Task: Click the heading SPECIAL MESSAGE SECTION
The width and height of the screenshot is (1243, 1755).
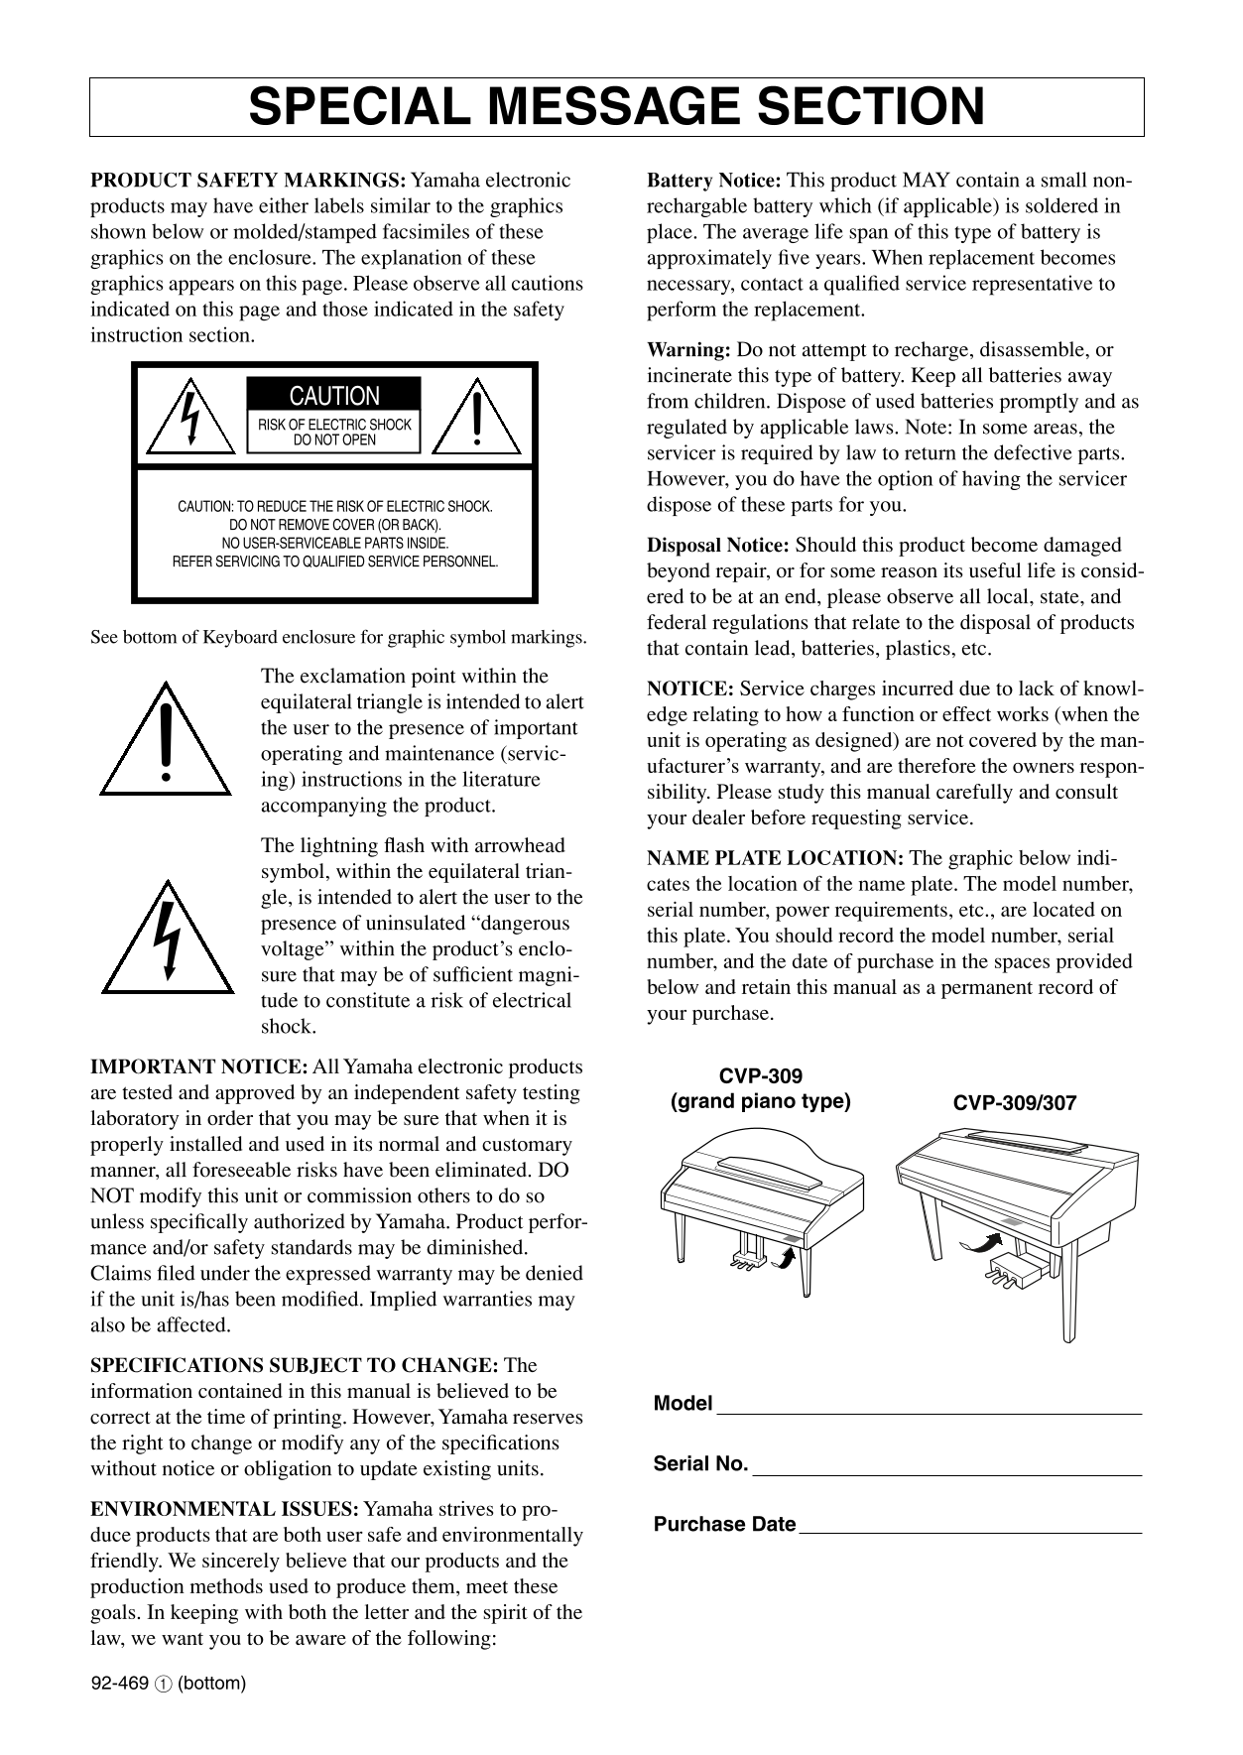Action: point(616,107)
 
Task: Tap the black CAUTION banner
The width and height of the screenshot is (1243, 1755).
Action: point(333,396)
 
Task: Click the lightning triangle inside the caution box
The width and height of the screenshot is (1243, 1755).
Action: point(189,419)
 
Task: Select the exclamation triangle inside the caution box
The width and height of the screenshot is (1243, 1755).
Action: point(477,419)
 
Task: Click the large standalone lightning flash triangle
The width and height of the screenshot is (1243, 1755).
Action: point(168,940)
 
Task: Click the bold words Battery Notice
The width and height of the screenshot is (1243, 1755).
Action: point(714,181)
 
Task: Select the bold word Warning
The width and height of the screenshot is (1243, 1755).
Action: point(688,350)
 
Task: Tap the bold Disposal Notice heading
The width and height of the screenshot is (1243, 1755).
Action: point(718,546)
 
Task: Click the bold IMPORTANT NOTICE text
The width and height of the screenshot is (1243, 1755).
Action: point(198,1067)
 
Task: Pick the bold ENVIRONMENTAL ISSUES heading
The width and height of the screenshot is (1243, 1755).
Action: point(224,1510)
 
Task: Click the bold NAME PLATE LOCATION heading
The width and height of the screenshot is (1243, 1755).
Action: point(775,858)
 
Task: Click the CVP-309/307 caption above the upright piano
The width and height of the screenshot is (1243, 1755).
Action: point(1014,1103)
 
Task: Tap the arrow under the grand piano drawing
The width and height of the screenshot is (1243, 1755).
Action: point(786,1258)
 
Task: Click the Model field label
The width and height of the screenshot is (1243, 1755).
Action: point(683,1404)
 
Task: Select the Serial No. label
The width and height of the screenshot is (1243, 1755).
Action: point(700,1464)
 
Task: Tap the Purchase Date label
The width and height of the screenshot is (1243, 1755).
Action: point(724,1525)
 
